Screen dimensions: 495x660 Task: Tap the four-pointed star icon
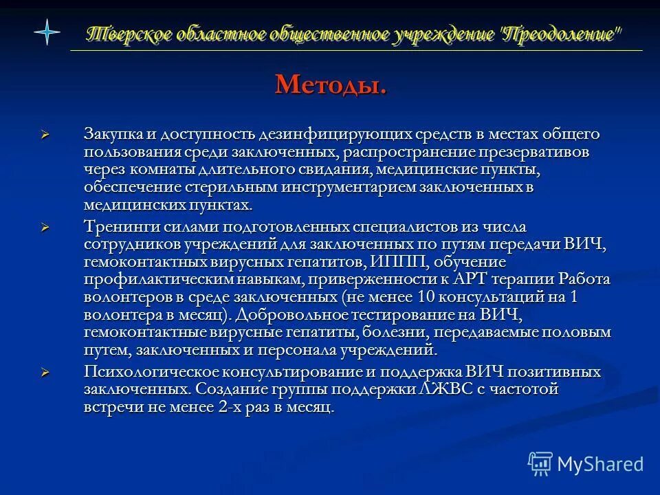click(x=47, y=32)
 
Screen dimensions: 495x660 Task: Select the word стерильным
click(x=220, y=187)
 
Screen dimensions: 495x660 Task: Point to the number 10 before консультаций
click(x=426, y=298)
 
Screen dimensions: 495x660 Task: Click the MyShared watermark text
click(x=599, y=464)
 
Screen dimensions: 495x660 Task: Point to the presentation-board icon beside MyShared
click(x=540, y=464)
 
